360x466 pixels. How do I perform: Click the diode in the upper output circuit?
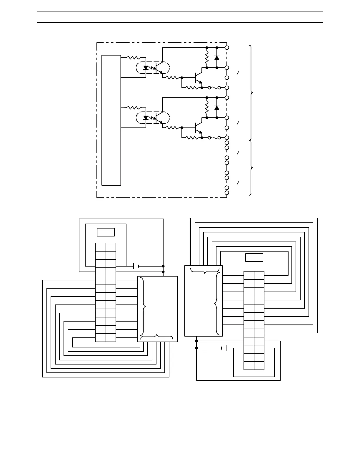(x=217, y=58)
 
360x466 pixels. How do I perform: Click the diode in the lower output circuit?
(x=217, y=108)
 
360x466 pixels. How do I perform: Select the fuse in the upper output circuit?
(x=214, y=88)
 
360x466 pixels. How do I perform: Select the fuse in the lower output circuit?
(x=214, y=138)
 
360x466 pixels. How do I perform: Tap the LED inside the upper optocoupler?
(x=146, y=68)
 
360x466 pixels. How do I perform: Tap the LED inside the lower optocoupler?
(x=146, y=118)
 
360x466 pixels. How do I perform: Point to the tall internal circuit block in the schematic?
(x=111, y=120)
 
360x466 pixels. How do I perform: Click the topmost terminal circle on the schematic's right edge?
(x=227, y=47)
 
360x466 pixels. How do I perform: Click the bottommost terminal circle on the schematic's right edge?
(x=227, y=193)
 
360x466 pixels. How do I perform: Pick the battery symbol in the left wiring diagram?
(x=136, y=266)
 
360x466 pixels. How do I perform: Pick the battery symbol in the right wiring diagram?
(x=224, y=348)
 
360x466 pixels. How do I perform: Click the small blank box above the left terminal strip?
(x=106, y=232)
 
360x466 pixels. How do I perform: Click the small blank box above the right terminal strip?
(x=254, y=258)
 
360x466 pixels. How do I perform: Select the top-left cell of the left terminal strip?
(x=101, y=247)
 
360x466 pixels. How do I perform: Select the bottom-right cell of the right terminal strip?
(x=259, y=365)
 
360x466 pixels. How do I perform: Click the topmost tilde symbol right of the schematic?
(x=238, y=73)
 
